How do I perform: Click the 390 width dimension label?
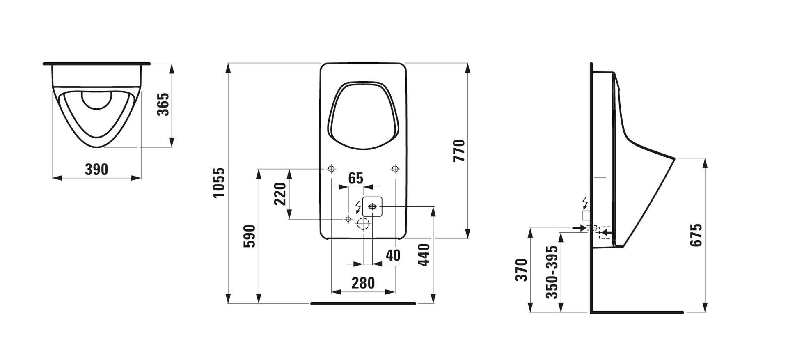click(x=96, y=169)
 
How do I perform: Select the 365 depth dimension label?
click(x=163, y=104)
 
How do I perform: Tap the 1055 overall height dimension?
click(x=219, y=182)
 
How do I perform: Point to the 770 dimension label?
click(x=459, y=151)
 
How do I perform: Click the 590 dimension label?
click(x=250, y=236)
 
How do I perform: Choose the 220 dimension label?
click(x=280, y=194)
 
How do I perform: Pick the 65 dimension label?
click(x=356, y=178)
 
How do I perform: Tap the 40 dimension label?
click(x=393, y=255)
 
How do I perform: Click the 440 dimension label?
click(x=424, y=255)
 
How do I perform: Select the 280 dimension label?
click(x=363, y=283)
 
